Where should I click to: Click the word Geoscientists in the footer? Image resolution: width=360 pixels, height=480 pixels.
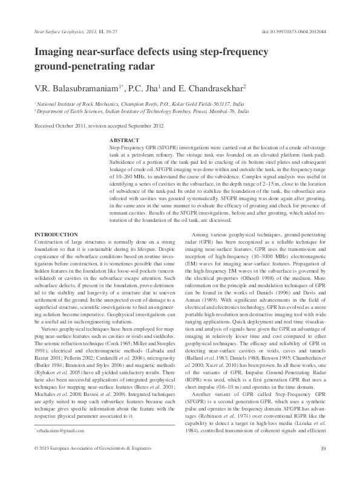113,465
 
